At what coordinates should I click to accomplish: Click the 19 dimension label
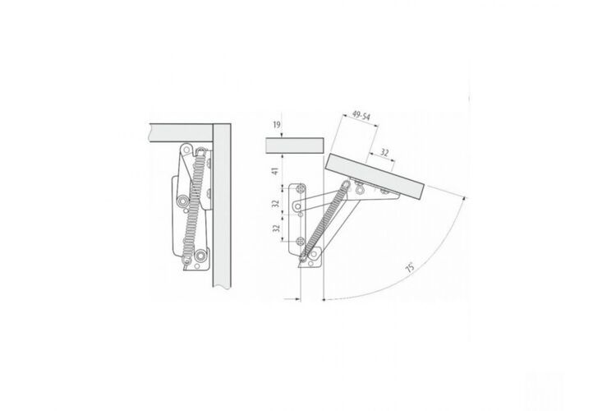[x=277, y=125]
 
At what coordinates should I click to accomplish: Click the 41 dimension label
[x=275, y=171]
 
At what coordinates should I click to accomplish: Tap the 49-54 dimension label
[x=361, y=115]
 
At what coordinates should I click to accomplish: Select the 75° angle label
[x=410, y=267]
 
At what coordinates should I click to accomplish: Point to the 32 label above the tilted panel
[x=384, y=153]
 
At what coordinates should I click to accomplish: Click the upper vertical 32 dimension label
[x=276, y=203]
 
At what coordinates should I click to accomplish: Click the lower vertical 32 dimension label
[x=276, y=229]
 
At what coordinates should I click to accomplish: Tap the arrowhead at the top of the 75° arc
[x=465, y=198]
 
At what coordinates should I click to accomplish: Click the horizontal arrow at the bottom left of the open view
[x=292, y=299]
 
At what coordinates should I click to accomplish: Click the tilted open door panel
[x=375, y=176]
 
